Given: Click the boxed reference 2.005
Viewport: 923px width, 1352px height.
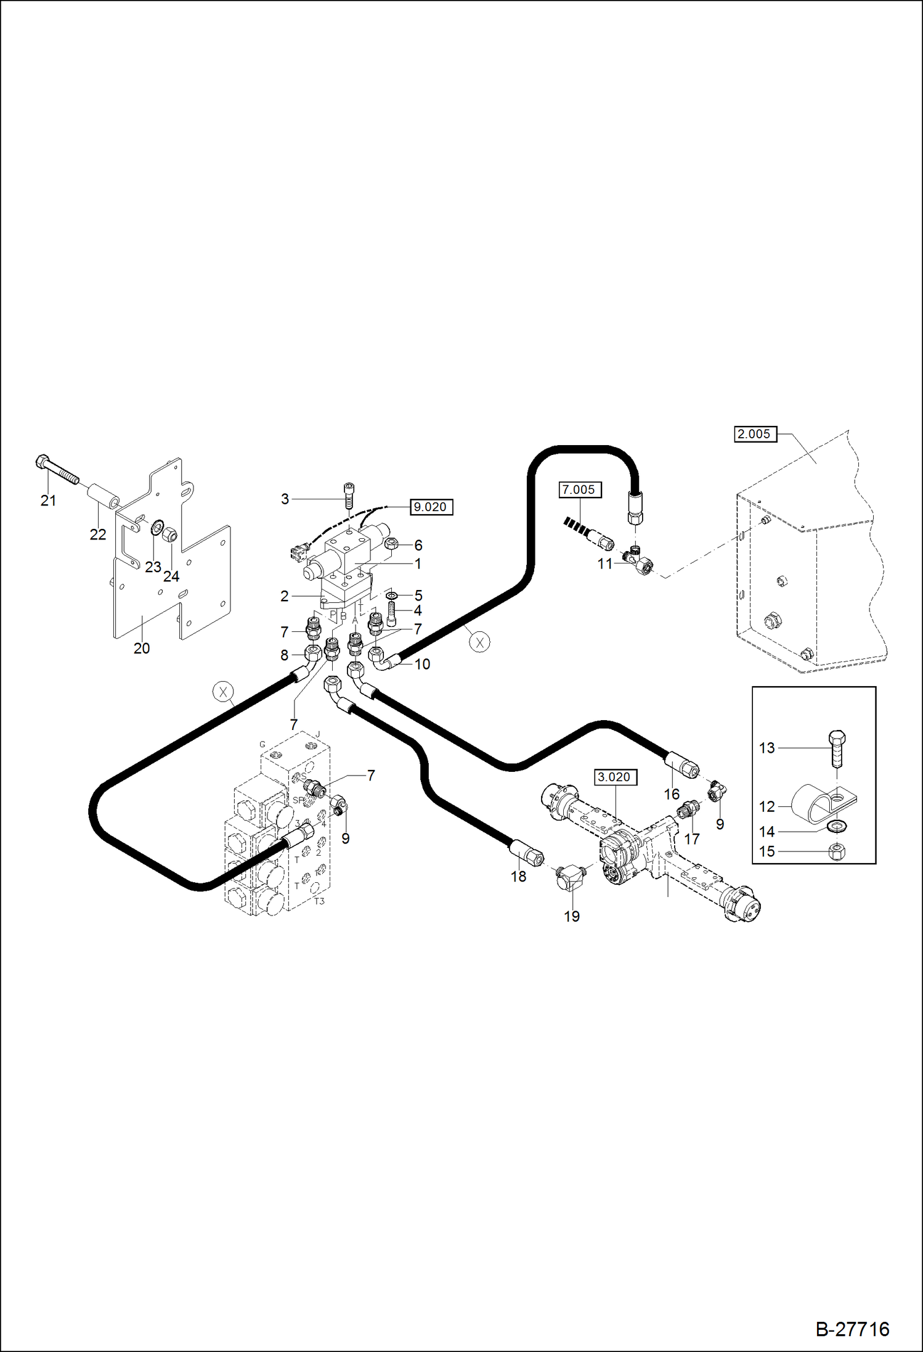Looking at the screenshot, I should pyautogui.click(x=754, y=434).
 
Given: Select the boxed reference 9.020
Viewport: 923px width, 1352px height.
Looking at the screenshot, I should pyautogui.click(x=430, y=507).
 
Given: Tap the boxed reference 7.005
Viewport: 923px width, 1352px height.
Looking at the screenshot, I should pyautogui.click(x=579, y=490).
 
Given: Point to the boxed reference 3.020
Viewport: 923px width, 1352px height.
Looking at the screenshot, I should pyautogui.click(x=614, y=777).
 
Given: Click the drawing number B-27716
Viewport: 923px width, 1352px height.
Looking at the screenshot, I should pyautogui.click(x=852, y=1328).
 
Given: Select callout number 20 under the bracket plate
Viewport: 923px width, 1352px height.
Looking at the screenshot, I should pyautogui.click(x=142, y=648).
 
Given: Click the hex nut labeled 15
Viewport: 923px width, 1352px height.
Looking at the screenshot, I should pyautogui.click(x=837, y=852).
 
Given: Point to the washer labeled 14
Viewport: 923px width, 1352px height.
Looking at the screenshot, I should pyautogui.click(x=837, y=826).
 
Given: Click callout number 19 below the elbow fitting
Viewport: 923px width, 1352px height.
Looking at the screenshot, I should pyautogui.click(x=572, y=916).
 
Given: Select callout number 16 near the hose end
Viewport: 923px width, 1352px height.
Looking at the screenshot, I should pyautogui.click(x=672, y=794).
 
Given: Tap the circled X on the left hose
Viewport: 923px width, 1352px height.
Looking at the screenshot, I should pyautogui.click(x=223, y=692).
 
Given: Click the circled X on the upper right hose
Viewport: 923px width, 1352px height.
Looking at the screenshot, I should pyautogui.click(x=479, y=642).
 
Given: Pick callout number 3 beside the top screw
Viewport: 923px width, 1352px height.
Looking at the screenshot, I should pyautogui.click(x=285, y=499).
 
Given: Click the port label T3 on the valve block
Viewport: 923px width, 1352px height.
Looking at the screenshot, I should pyautogui.click(x=319, y=901).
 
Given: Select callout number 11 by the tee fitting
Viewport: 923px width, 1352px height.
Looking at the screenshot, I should pyautogui.click(x=604, y=563).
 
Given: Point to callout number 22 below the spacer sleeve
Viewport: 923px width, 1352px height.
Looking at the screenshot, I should pyautogui.click(x=98, y=535).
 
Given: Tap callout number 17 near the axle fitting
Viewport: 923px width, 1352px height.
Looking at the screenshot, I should pyautogui.click(x=692, y=838).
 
